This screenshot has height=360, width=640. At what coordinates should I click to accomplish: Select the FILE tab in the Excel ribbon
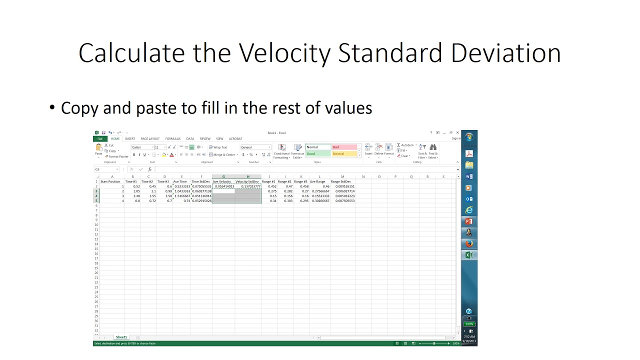(x=100, y=138)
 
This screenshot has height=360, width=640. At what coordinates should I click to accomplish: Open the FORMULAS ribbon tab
(x=173, y=138)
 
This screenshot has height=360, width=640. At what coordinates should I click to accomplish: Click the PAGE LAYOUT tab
(x=150, y=138)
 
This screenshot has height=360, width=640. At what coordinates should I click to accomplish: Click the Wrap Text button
(x=218, y=147)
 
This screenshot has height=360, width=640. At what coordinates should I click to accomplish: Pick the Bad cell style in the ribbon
(x=344, y=147)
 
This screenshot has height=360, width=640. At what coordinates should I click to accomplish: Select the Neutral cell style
(x=344, y=154)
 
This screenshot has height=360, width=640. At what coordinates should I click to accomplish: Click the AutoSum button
(x=406, y=145)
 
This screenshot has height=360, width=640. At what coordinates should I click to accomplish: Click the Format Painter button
(x=117, y=156)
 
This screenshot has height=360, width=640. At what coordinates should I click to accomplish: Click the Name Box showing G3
(x=106, y=169)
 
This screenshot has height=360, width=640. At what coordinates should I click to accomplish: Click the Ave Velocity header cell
(x=222, y=181)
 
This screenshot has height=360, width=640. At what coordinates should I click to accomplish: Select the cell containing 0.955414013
(x=223, y=186)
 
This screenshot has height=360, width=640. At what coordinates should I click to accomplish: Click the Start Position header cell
(x=110, y=181)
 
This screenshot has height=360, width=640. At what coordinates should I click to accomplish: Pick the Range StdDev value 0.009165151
(x=344, y=186)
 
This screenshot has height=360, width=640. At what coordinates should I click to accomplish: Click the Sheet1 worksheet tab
(x=121, y=337)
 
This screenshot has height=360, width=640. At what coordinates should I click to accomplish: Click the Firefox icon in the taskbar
(x=469, y=244)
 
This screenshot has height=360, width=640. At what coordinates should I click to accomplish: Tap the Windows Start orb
(x=469, y=137)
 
